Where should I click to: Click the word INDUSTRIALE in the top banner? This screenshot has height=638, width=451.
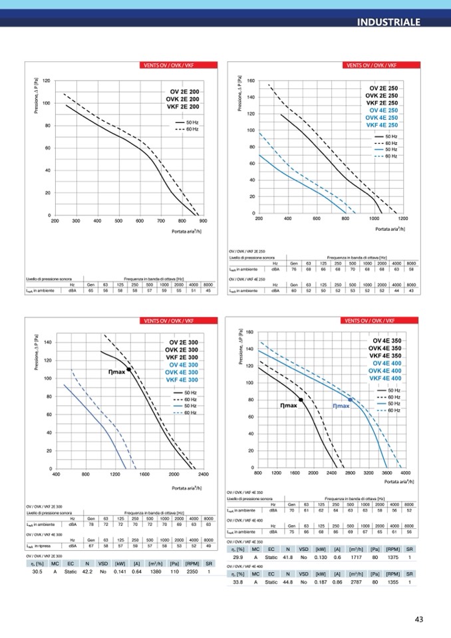pyautogui.click(x=388, y=22)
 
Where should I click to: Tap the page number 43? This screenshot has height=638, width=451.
pyautogui.click(x=419, y=619)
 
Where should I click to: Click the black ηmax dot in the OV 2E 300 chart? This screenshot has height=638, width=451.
pyautogui.click(x=129, y=369)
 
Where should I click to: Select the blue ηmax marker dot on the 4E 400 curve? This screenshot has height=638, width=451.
pyautogui.click(x=351, y=399)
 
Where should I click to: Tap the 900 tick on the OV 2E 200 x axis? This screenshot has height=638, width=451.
pyautogui.click(x=203, y=221)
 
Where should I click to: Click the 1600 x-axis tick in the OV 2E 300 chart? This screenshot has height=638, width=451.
pyautogui.click(x=144, y=474)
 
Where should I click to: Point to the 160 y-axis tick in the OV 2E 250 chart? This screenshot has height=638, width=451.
pyautogui.click(x=251, y=81)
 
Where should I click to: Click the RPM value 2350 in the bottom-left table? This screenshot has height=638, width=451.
pyautogui.click(x=193, y=571)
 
